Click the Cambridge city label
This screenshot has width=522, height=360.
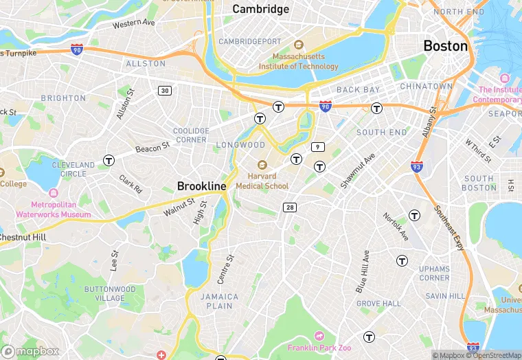coord(260,9)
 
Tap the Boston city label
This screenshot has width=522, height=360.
coord(445,46)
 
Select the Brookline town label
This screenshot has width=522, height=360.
coord(201,186)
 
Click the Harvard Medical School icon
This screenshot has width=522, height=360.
coord(262,165)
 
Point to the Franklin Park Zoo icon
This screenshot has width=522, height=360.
coord(318,335)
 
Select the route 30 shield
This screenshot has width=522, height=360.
coord(164,91)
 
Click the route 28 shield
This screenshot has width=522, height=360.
coord(290,207)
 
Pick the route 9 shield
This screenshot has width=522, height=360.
coord(317,146)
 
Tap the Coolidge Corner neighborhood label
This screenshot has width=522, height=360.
coord(191,135)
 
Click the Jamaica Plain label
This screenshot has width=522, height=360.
coord(220,301)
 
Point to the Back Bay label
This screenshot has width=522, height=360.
coord(358,90)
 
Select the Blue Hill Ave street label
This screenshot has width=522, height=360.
coord(363,271)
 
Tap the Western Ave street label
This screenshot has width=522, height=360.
coord(134,23)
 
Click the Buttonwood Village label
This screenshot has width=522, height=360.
coord(105,293)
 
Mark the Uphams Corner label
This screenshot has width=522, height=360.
coord(434,273)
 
